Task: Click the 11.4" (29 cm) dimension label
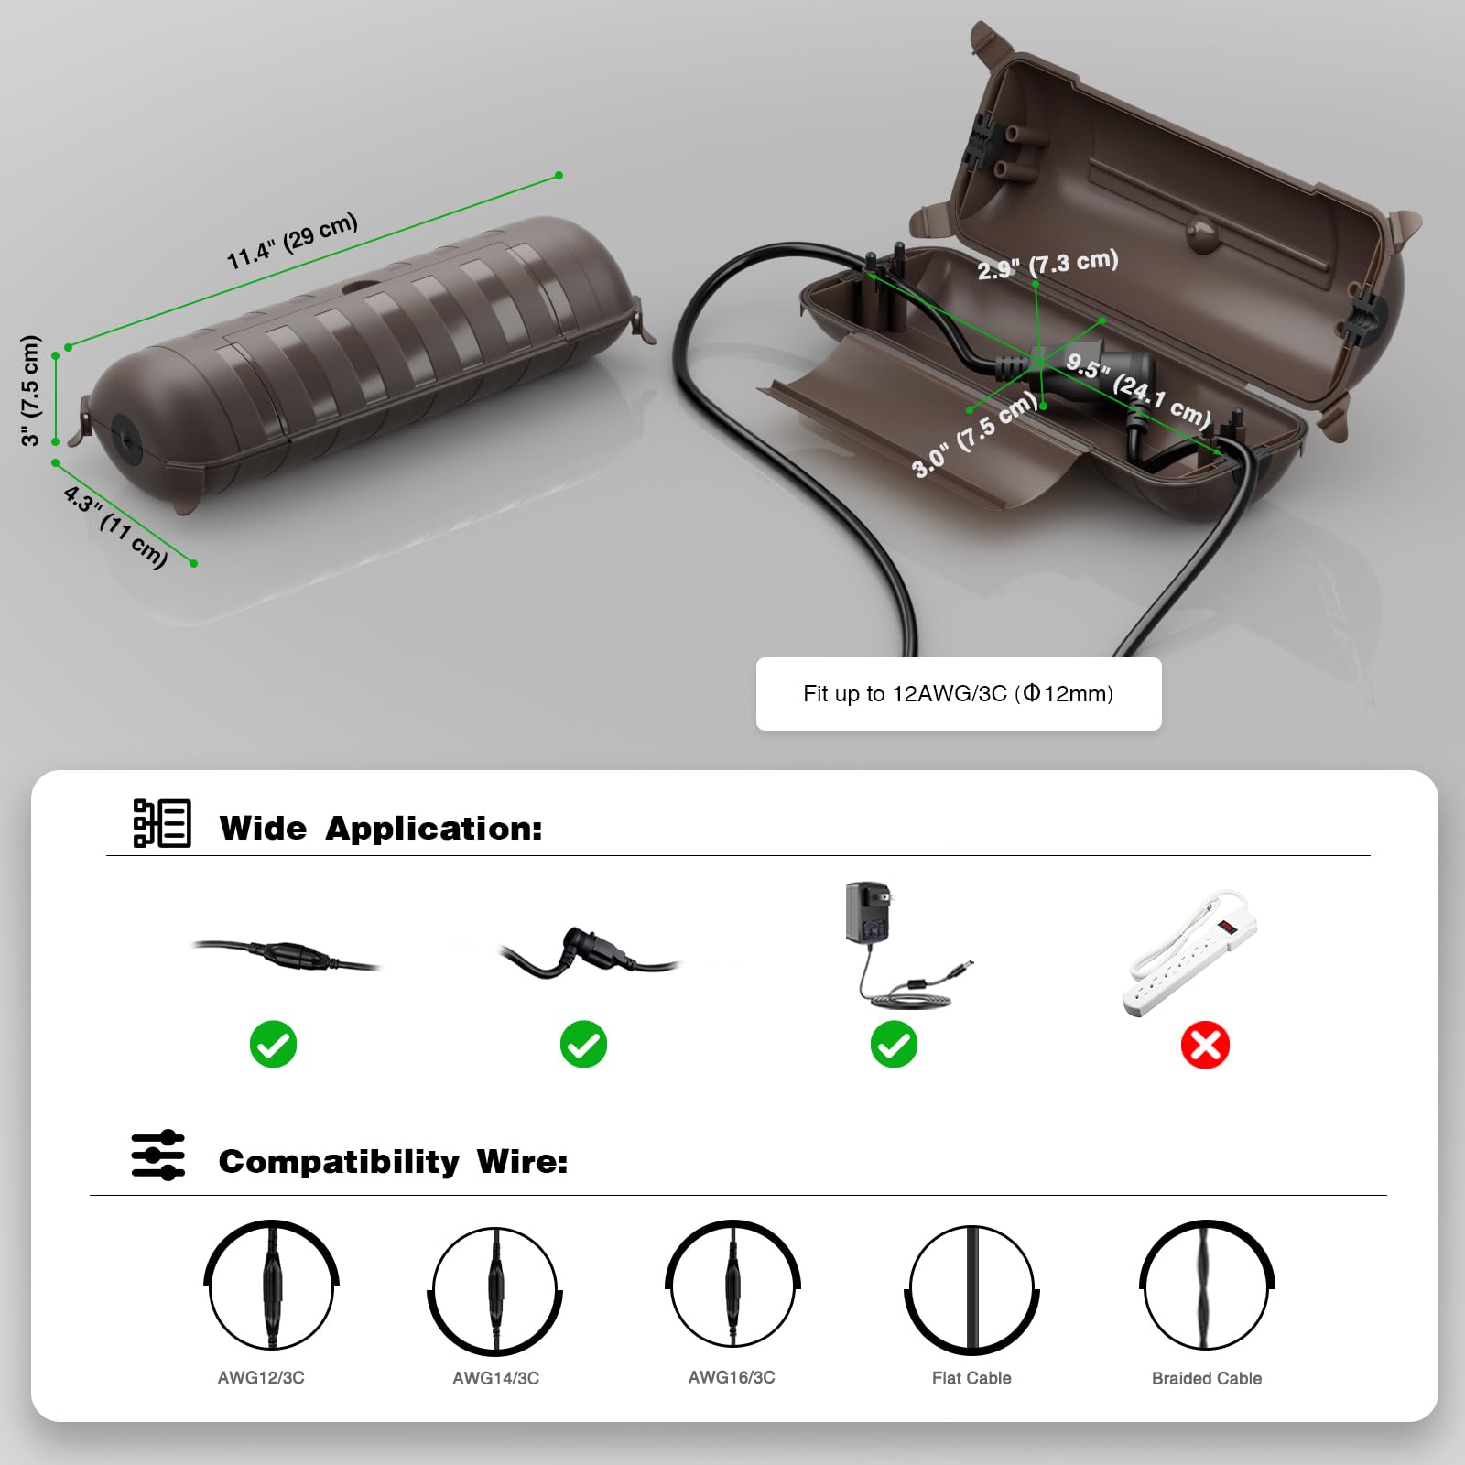293,242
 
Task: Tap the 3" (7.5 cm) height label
32,391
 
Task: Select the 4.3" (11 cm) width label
116,526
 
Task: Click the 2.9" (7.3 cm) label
1047,265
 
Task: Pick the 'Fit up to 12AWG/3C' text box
958,694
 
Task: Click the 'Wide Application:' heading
381,829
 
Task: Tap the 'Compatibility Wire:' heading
393,1162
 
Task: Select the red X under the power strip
1204,1045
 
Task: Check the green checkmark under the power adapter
894,1045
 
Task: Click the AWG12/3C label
261,1377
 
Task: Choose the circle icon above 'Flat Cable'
971,1288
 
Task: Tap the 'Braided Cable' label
1206,1378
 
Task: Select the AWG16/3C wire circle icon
732,1285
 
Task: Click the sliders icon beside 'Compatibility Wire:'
157,1156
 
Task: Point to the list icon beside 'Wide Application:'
162,822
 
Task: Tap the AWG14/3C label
495,1378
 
